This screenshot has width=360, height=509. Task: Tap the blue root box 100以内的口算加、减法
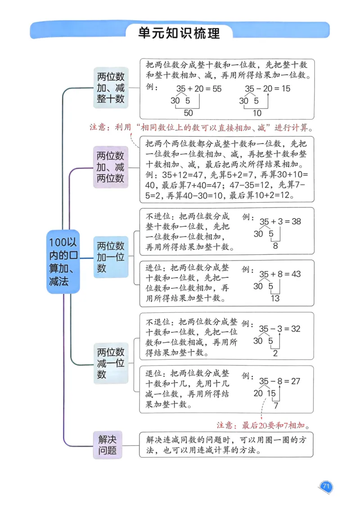coord(63,262)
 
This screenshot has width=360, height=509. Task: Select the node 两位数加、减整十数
coord(111,88)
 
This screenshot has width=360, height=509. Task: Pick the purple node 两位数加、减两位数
coord(111,167)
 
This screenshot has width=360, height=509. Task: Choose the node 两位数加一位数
coord(111,257)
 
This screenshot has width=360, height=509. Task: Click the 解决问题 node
coord(108,444)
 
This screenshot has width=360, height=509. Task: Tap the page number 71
coord(326,486)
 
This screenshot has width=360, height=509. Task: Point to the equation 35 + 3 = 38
coord(280,221)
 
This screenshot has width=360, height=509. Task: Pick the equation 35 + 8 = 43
coord(280,274)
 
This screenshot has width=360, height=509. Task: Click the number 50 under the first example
coord(188,113)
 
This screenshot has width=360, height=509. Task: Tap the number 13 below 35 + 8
coord(274,298)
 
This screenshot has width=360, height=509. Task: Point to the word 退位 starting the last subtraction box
coord(152,374)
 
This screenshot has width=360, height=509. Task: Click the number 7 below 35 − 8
coord(276,406)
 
